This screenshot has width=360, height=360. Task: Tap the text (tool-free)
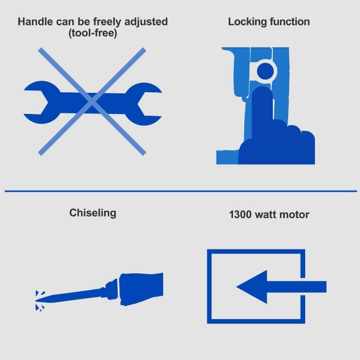pos(93,33)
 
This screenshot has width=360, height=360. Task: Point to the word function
pos(290,22)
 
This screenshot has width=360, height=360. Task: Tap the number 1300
pos(240,215)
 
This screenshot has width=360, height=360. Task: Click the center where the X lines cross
pos(92,101)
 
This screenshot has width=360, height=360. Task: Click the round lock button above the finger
pos(265,71)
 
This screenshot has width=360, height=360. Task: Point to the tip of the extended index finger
pos(262,89)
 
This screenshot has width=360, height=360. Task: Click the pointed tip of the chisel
pos(36,300)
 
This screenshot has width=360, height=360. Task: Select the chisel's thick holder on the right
pos(141,289)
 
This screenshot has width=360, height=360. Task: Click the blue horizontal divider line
pos(181,191)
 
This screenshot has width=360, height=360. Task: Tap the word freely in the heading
pos(107,22)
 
